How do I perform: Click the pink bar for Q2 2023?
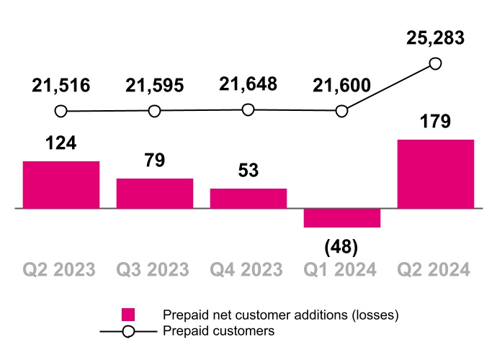pos(61,184)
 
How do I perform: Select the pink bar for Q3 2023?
pos(155,193)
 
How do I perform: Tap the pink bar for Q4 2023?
pos(248,198)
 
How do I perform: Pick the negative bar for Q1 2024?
pos(342,218)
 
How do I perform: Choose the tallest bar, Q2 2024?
pos(436,174)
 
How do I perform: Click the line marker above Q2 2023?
pos(61,112)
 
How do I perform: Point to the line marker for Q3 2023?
pos(154,112)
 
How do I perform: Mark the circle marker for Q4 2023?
pos(248,110)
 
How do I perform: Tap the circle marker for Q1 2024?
pos(342,112)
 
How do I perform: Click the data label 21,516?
pos(61,86)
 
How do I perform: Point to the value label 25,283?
pos(435,37)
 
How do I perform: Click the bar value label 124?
pos(61,143)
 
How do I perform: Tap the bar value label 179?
pos(435,121)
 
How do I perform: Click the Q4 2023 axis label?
pos(248,270)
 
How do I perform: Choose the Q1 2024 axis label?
pos(342,270)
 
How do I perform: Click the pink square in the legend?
pos(128,315)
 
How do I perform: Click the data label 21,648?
pos(248,84)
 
